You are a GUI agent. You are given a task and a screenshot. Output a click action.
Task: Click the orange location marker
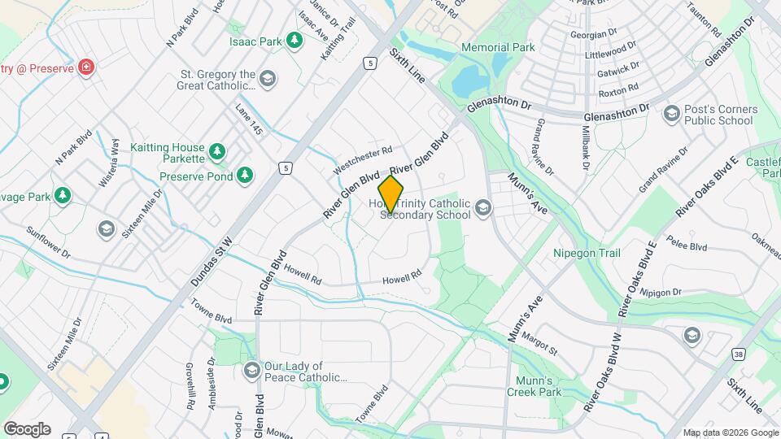click(391, 194)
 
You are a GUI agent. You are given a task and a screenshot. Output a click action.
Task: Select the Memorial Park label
click(498, 47)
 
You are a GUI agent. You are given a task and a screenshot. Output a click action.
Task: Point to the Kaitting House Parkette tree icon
click(216, 150)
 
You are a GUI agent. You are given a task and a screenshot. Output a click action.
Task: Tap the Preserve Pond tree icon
click(245, 175)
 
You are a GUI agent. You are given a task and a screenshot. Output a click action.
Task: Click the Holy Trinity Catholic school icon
click(484, 209)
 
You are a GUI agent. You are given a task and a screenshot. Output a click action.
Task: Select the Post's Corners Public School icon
click(672, 113)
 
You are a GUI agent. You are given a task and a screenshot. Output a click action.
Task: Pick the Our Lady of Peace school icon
click(251, 371)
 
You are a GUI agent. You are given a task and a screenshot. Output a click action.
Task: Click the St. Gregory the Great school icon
click(268, 79)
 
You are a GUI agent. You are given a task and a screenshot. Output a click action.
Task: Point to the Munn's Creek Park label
click(539, 386)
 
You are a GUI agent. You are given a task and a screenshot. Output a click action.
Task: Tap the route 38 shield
click(714, 354)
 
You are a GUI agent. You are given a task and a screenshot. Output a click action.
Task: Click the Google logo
click(27, 428)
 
